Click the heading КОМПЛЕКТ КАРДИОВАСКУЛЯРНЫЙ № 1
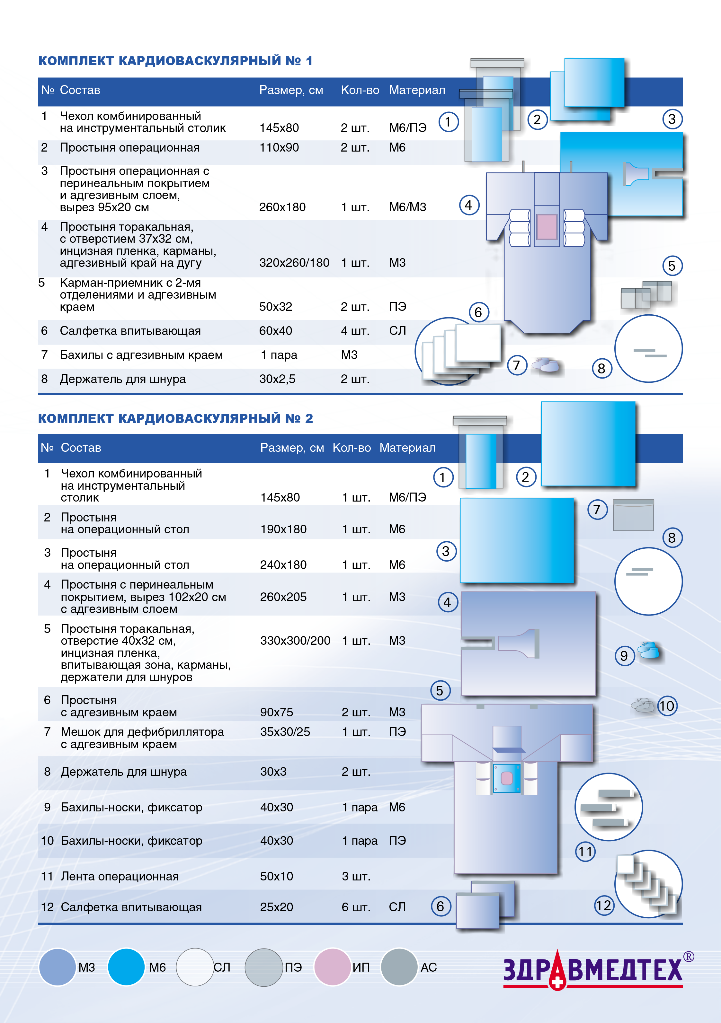(x=175, y=61)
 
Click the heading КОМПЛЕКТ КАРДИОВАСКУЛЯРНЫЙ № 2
(x=175, y=418)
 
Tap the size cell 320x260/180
(x=294, y=263)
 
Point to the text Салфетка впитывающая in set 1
(x=130, y=331)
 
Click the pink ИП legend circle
(x=332, y=967)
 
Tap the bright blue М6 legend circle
(x=126, y=967)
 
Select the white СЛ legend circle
(x=195, y=967)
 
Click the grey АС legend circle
(x=399, y=967)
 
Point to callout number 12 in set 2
(x=604, y=905)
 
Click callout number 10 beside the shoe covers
(x=667, y=706)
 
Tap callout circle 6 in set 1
(x=478, y=312)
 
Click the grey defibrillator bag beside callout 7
(x=633, y=515)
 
